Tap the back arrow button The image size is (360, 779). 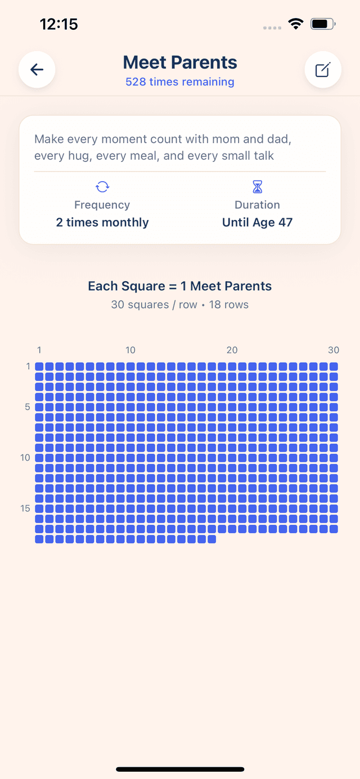pyautogui.click(x=37, y=70)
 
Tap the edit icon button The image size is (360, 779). pyautogui.click(x=323, y=70)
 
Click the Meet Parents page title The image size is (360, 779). pyautogui.click(x=180, y=62)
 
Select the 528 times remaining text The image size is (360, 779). pyautogui.click(x=180, y=82)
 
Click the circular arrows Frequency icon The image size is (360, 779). pyautogui.click(x=102, y=187)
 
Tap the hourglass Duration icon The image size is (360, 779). pyautogui.click(x=257, y=187)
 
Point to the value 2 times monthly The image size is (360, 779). pyautogui.click(x=102, y=222)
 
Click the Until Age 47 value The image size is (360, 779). pyautogui.click(x=257, y=222)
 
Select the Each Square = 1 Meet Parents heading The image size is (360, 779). pyautogui.click(x=180, y=286)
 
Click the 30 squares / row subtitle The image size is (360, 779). pyautogui.click(x=154, y=305)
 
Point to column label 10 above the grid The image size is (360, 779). pyautogui.click(x=130, y=350)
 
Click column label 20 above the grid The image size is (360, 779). pyautogui.click(x=232, y=350)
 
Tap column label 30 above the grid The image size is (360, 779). pyautogui.click(x=334, y=350)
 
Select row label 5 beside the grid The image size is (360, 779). pyautogui.click(x=28, y=407)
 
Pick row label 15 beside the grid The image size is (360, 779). pyautogui.click(x=25, y=508)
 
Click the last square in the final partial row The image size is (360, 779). pyautogui.click(x=211, y=539)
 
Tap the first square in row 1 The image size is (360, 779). pyautogui.click(x=39, y=367)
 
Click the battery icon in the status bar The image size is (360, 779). pyautogui.click(x=323, y=24)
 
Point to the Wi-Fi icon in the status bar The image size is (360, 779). pyautogui.click(x=295, y=24)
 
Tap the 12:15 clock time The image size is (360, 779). pyautogui.click(x=58, y=24)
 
